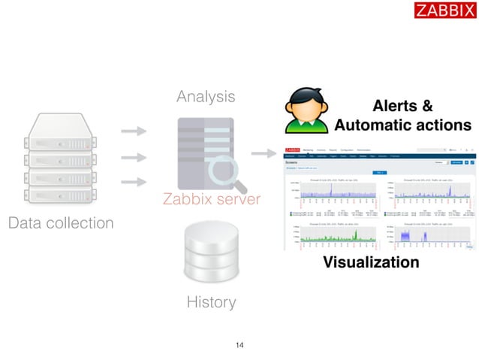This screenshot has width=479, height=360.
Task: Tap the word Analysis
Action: [205, 97]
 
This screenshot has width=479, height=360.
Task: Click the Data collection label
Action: [61, 223]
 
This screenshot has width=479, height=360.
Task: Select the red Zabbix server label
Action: [211, 199]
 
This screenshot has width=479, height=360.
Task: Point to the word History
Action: [211, 302]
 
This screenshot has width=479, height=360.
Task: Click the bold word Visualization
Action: [370, 262]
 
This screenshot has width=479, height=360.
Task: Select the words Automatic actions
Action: [402, 125]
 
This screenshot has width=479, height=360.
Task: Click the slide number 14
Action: [239, 345]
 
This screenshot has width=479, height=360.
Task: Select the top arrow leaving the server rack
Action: [133, 132]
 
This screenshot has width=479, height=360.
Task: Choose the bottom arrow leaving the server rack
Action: [133, 182]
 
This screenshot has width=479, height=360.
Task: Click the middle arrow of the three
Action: [133, 157]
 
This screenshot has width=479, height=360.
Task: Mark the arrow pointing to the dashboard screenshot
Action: [263, 153]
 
